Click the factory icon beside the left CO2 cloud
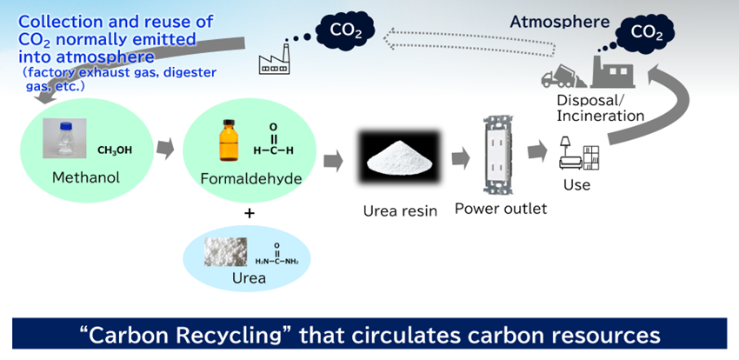click(x=276, y=58)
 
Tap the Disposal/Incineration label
click(x=600, y=108)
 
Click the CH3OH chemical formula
click(x=115, y=150)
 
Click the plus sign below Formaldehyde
click(x=249, y=212)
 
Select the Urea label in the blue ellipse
click(x=249, y=278)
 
